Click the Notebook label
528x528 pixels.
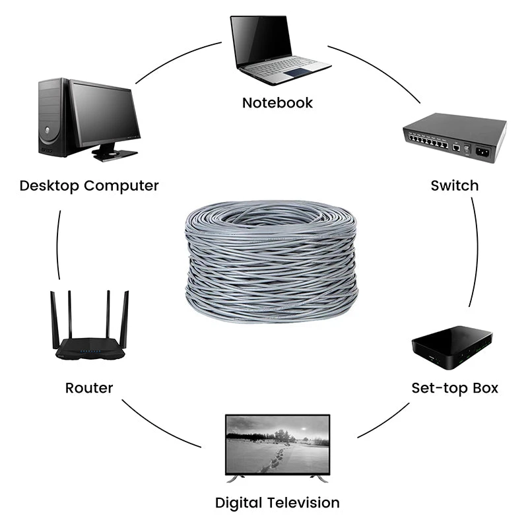point(277,103)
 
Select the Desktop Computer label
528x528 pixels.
point(89,185)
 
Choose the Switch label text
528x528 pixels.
point(454,185)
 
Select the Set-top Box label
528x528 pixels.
point(455,387)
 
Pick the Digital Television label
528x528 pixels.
point(277,503)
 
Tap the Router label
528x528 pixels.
point(89,387)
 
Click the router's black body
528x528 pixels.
point(89,349)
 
